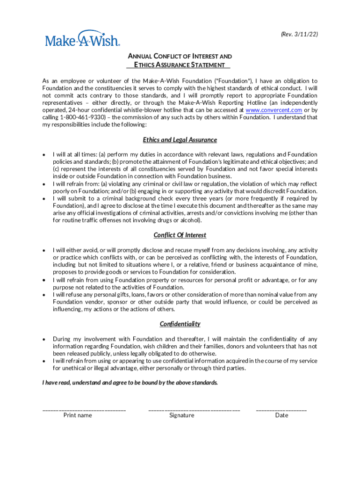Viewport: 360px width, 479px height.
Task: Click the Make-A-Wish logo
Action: click(82, 39)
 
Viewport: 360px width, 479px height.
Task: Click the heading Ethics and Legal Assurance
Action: click(180, 140)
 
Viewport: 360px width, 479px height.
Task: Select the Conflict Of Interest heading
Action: click(180, 235)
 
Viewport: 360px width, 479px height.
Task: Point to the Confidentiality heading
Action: click(180, 324)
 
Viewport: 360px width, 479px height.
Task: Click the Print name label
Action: click(78, 415)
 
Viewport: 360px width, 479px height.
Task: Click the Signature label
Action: click(181, 415)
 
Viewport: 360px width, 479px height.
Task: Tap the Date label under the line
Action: click(281, 415)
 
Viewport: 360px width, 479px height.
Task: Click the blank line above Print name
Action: click(84, 410)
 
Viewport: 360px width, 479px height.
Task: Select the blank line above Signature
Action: click(194, 410)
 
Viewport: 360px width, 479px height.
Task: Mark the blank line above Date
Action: click(281, 410)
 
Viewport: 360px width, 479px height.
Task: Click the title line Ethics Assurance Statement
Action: click(180, 65)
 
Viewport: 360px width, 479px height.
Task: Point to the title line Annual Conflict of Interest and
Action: click(180, 56)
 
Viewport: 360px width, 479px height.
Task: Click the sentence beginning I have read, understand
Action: click(130, 383)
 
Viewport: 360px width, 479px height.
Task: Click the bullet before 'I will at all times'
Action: click(44, 154)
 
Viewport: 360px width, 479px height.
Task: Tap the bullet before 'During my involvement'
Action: click(44, 339)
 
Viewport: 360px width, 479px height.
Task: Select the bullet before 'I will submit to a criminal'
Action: click(44, 198)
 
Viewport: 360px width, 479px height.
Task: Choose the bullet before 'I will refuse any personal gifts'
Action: click(44, 295)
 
